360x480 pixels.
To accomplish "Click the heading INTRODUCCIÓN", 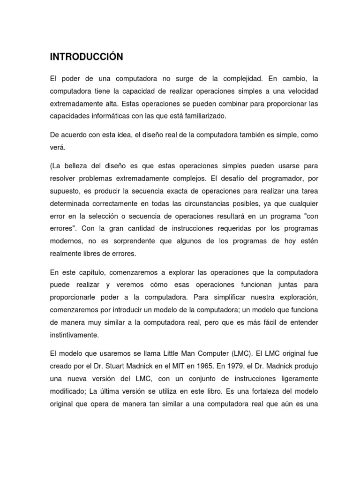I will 86,57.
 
